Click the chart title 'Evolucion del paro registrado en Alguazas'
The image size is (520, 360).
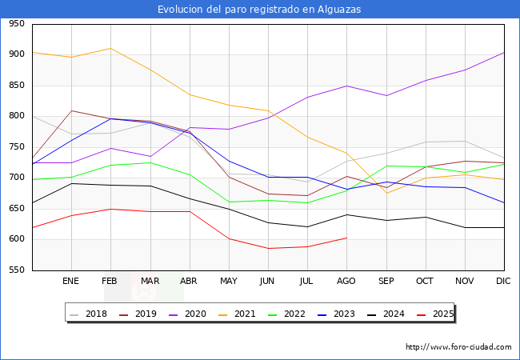click(259, 10)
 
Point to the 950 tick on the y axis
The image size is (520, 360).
click(16, 25)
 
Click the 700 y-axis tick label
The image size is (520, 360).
click(16, 178)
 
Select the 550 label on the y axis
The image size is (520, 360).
click(16, 270)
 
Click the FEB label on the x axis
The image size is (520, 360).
click(110, 282)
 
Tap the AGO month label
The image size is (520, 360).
click(346, 282)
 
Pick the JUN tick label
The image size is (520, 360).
click(267, 282)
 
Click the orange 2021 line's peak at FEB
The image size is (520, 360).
click(110, 48)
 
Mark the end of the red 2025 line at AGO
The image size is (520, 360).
click(346, 238)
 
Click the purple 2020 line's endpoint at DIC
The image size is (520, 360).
click(504, 52)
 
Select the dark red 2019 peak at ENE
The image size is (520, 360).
click(71, 110)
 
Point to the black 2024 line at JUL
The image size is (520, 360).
click(307, 226)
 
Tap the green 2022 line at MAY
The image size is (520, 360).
click(229, 202)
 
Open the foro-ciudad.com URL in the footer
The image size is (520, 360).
click(458, 347)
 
